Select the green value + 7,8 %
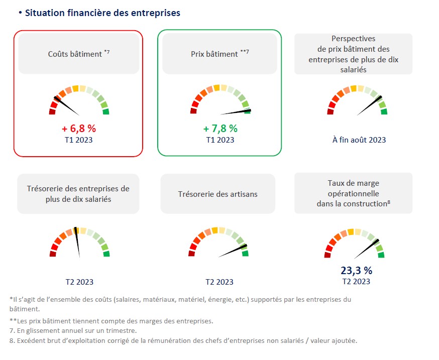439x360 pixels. point(221,129)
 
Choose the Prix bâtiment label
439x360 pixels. point(217,53)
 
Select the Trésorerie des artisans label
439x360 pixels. point(217,194)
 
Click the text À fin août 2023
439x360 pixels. point(359,140)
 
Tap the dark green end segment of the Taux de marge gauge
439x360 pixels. point(381,255)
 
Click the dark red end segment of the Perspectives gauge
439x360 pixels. point(331,111)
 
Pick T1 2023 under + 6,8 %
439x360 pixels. point(79,140)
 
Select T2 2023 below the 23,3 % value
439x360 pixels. point(356,282)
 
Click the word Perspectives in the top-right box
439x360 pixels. point(354,39)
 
